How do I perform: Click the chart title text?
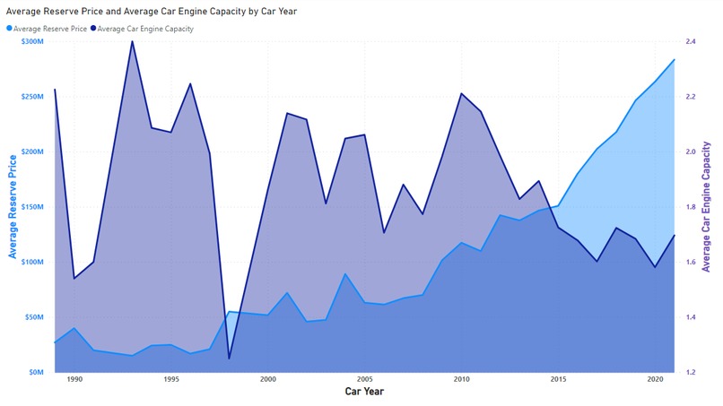pos(151,12)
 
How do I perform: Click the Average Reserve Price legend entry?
pos(48,29)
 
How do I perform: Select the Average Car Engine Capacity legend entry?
pos(144,29)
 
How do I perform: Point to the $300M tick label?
pos(30,42)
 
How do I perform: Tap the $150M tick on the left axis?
pos(30,207)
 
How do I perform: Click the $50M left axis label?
pos(32,317)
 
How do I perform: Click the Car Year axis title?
pos(365,393)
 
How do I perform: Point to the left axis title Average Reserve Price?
pos(13,206)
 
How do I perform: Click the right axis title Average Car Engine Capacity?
pos(707,206)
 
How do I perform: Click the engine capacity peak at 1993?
pos(132,40)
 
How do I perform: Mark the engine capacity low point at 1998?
pos(229,358)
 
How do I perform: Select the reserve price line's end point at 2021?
pos(675,59)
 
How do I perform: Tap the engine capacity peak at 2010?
pos(461,93)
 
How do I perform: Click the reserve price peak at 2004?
pos(345,274)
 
